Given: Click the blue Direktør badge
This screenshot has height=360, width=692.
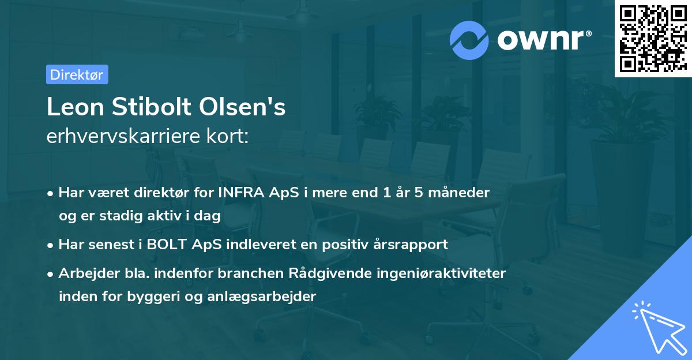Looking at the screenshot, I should [x=77, y=74].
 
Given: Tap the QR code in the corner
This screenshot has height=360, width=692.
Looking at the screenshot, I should [x=653, y=38].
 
